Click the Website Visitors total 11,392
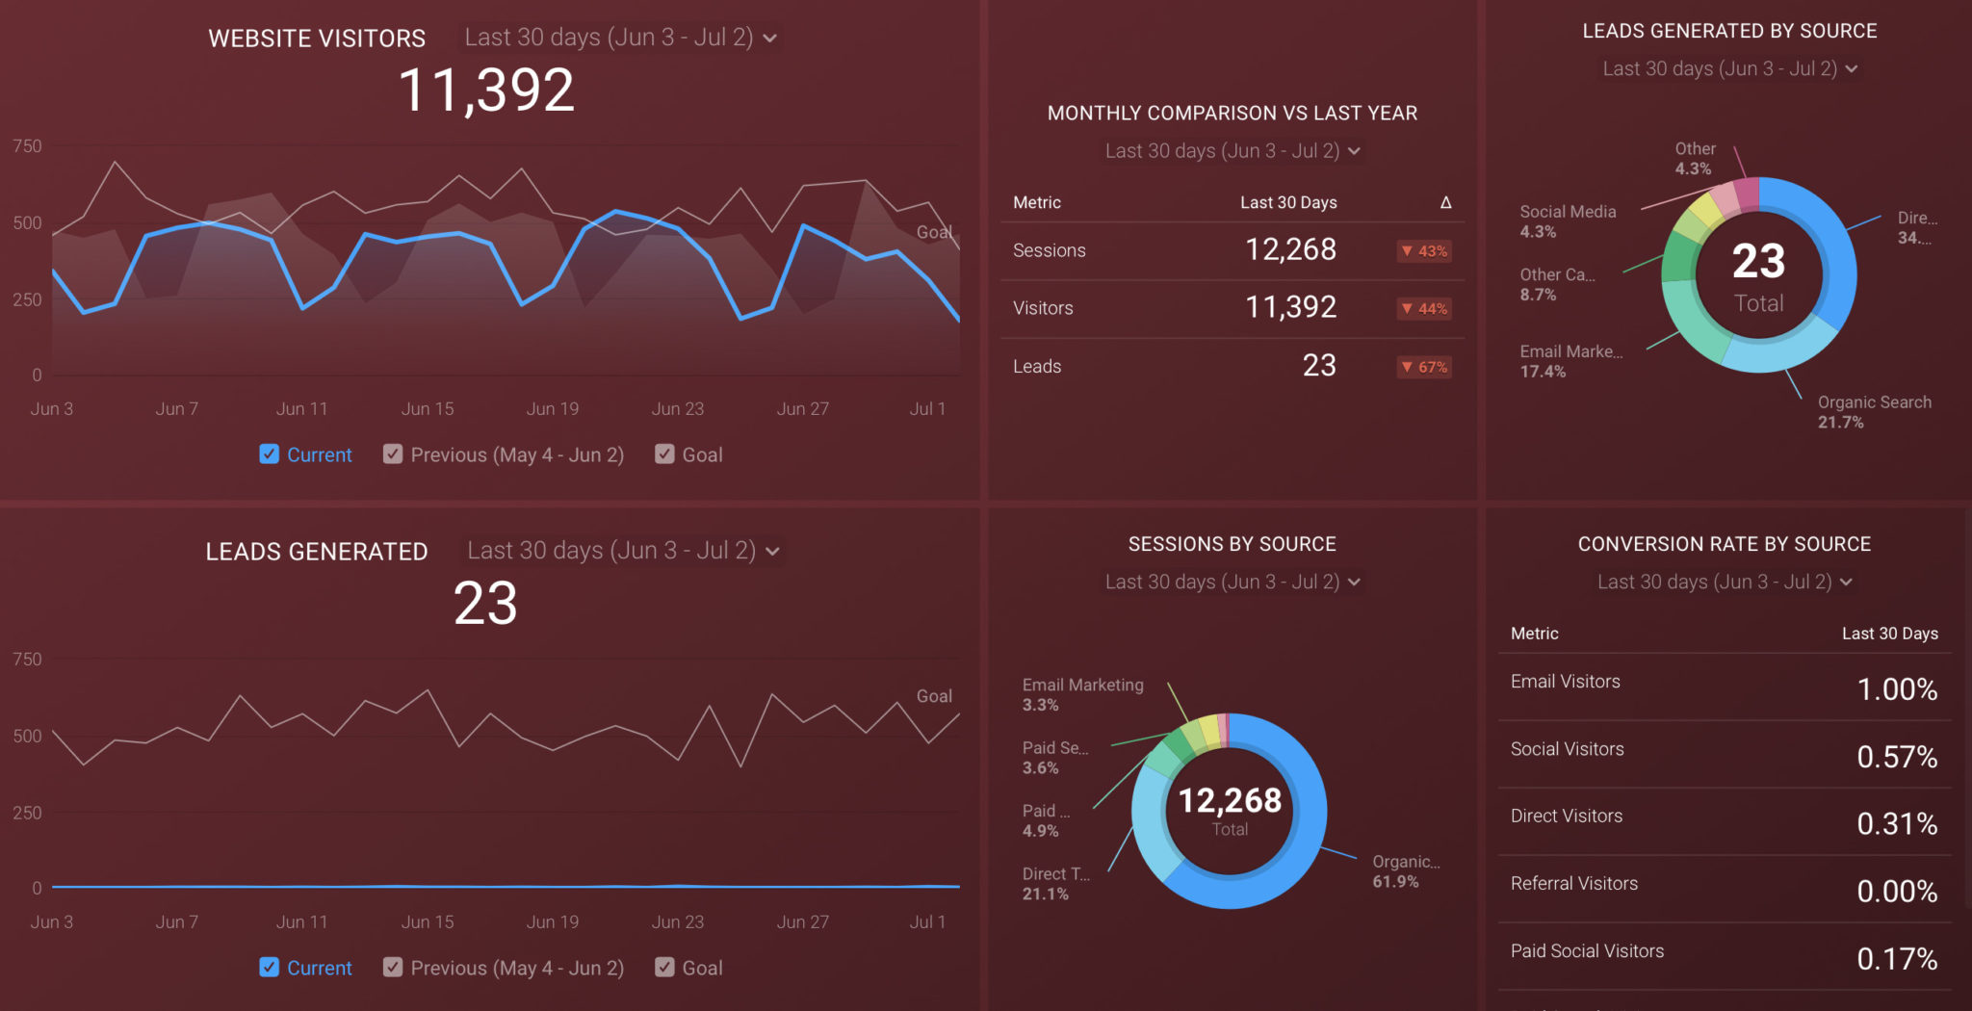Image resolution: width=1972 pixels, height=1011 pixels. tap(486, 91)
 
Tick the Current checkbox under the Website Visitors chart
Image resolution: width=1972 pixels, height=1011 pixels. tap(270, 454)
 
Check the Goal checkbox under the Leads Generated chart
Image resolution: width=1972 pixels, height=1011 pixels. tap(664, 968)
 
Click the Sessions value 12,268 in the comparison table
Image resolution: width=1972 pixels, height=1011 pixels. tap(1290, 250)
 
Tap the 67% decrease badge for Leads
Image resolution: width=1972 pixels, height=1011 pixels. tap(1424, 367)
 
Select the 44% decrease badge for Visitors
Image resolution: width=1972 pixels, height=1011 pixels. tap(1424, 309)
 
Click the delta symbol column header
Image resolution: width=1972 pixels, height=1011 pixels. tap(1445, 202)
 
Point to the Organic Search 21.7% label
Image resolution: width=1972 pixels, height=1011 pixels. tap(1873, 412)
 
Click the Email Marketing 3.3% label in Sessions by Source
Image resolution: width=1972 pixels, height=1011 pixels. tap(1082, 694)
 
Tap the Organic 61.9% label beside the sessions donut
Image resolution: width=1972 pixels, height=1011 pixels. tap(1405, 871)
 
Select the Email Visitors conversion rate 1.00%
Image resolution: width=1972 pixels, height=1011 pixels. tap(1896, 689)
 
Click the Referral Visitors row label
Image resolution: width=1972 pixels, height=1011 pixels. tap(1573, 884)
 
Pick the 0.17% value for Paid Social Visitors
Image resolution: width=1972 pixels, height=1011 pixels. tap(1896, 959)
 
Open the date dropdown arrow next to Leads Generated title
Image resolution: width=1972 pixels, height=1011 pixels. tap(772, 552)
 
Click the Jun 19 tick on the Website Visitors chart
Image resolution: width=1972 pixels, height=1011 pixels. tap(552, 409)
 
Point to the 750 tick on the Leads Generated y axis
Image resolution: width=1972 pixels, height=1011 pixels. tap(27, 660)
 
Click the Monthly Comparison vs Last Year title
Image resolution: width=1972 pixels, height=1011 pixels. tap(1232, 114)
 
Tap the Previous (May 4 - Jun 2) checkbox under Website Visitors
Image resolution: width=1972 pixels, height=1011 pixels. tap(393, 454)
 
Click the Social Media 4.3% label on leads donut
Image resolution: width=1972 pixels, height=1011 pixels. tap(1567, 221)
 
